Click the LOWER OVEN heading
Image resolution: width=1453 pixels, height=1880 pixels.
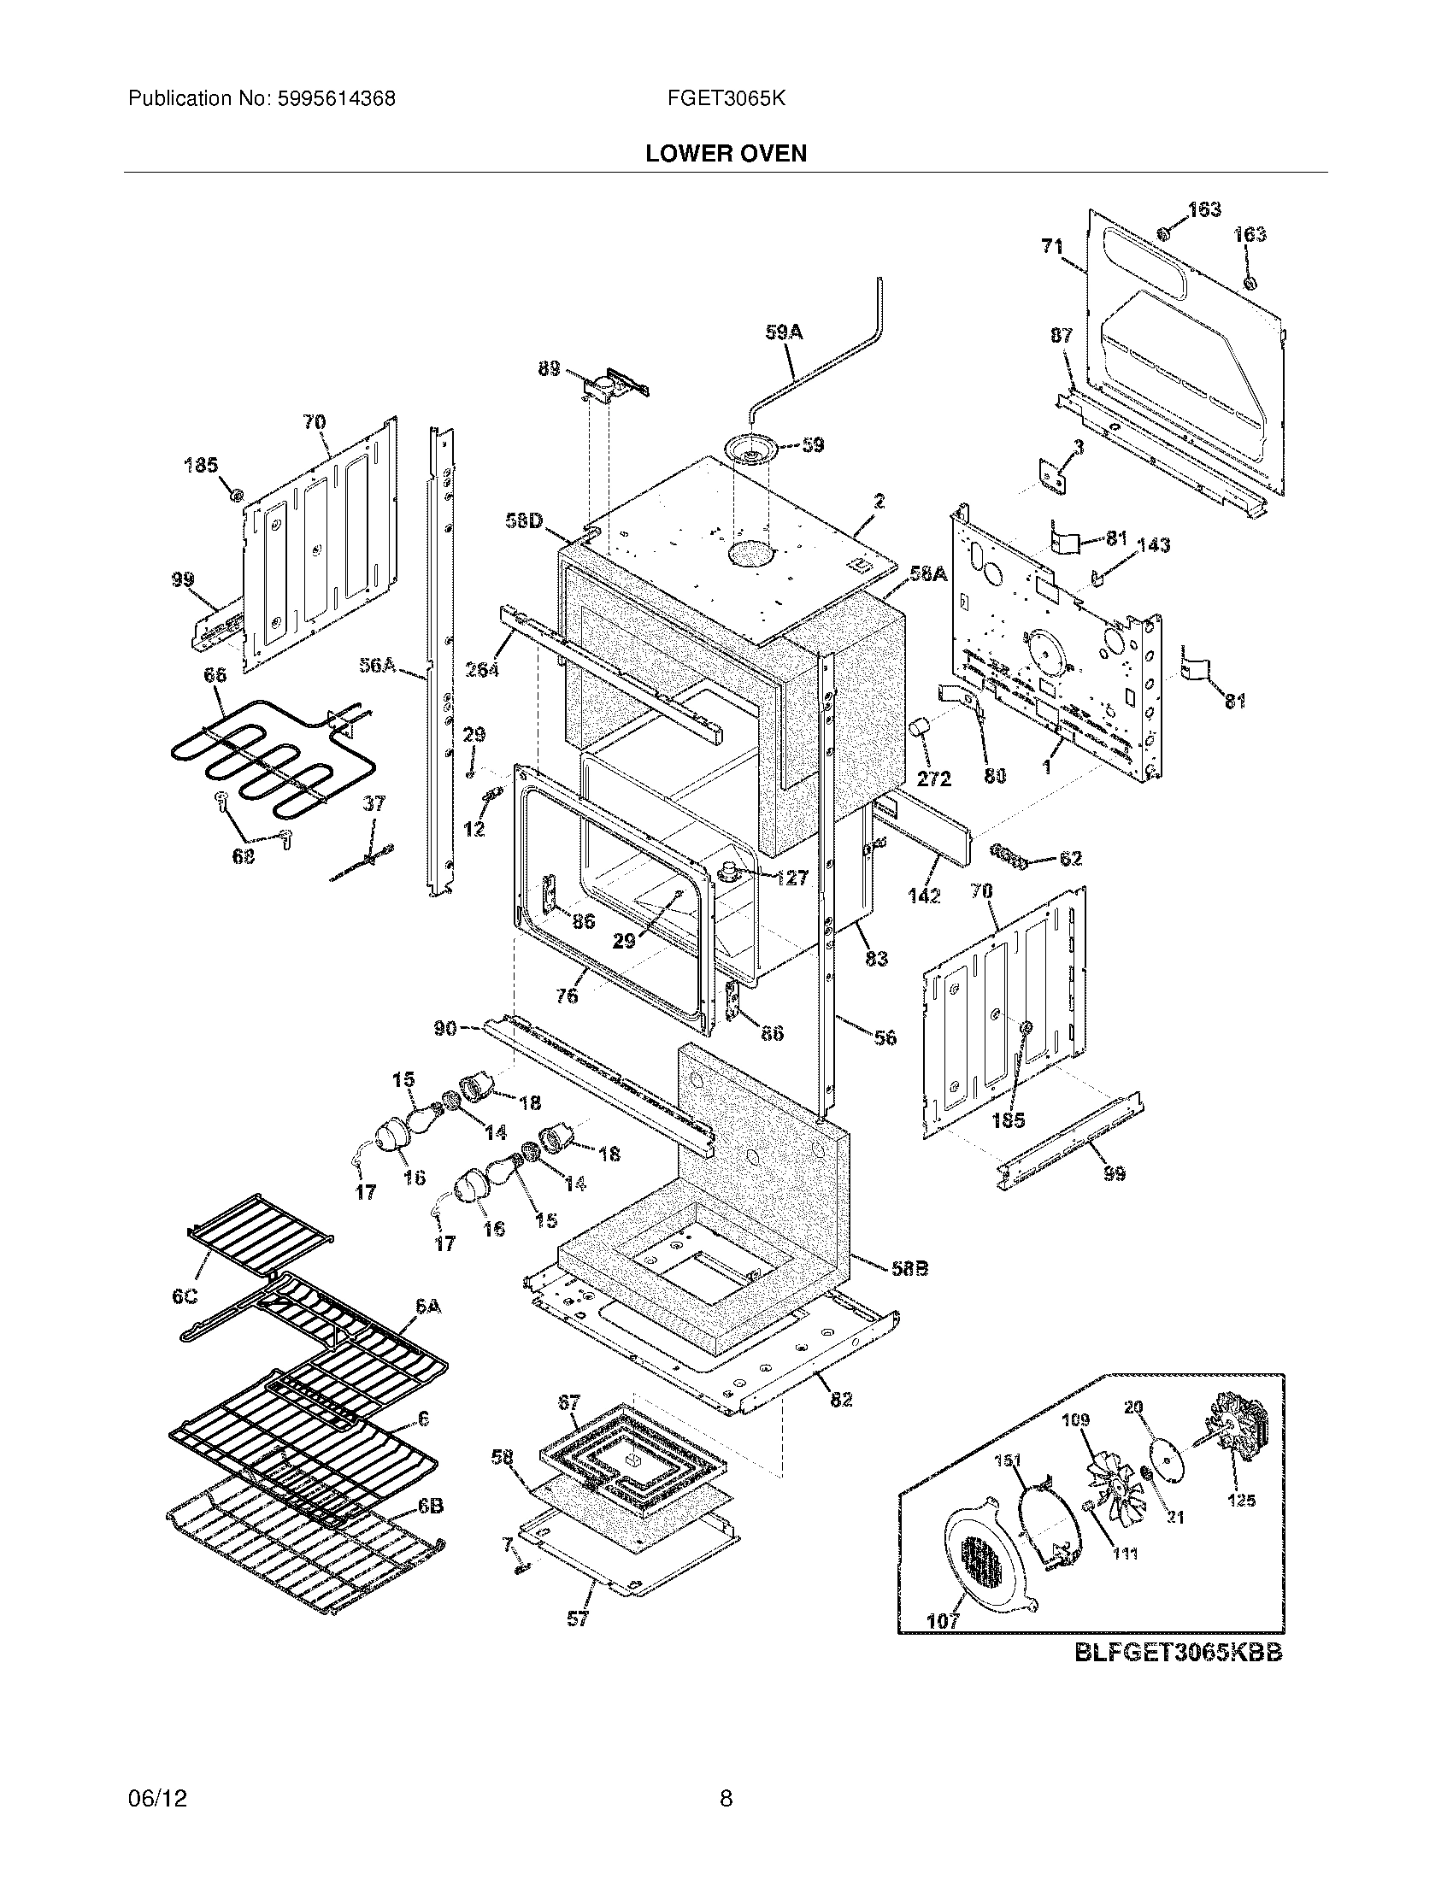point(726,153)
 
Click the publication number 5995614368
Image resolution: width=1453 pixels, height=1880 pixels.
point(336,98)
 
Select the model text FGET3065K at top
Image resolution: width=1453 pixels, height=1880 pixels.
point(726,98)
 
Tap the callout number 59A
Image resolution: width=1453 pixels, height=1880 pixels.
point(783,332)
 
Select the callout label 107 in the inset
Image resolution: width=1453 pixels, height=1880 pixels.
point(943,1622)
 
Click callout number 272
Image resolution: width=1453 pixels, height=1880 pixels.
point(934,778)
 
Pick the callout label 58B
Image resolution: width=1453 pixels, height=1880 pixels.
point(910,1269)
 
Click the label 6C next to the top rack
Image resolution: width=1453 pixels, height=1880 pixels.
point(185,1296)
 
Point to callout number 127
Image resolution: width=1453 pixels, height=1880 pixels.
point(791,877)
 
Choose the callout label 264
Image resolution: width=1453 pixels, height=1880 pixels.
point(482,667)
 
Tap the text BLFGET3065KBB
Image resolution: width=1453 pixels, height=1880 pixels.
point(1178,1653)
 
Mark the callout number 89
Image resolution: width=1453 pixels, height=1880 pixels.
point(549,368)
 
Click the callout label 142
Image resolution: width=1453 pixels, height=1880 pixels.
point(924,896)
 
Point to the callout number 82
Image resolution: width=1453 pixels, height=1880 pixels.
point(841,1400)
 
